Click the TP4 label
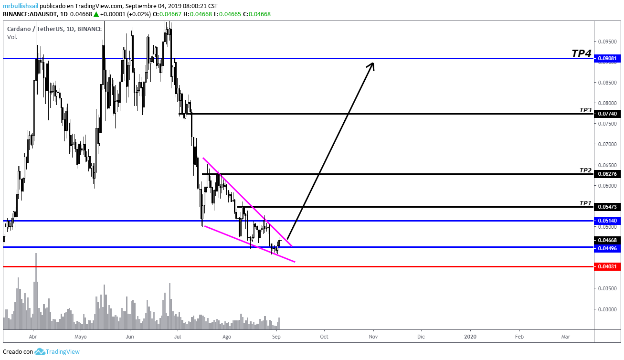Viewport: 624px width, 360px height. (582, 53)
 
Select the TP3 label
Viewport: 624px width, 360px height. (585, 110)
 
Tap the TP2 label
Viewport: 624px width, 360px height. (585, 170)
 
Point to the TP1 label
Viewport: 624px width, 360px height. (585, 203)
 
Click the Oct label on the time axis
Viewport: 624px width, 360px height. (324, 336)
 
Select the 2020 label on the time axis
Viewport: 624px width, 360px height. (470, 336)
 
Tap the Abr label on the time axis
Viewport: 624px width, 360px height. (33, 336)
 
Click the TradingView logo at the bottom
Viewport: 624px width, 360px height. (57, 351)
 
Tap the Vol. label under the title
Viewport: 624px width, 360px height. (12, 37)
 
